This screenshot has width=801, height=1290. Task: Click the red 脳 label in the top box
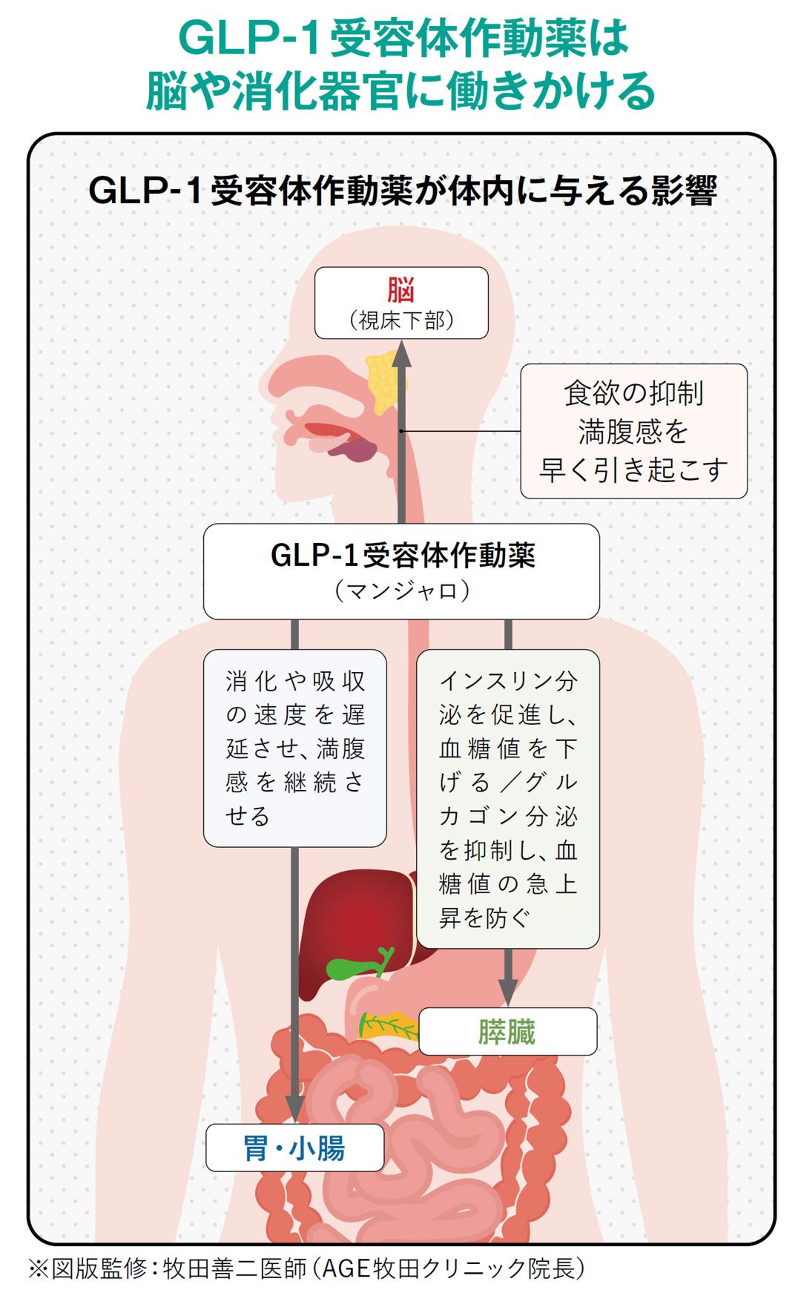point(400,290)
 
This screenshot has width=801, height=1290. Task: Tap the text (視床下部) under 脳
point(401,320)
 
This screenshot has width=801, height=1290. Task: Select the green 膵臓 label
point(507,1032)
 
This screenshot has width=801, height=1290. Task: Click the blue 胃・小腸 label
point(294,1148)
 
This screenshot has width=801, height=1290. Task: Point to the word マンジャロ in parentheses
point(401,591)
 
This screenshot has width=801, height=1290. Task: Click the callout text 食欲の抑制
point(633,393)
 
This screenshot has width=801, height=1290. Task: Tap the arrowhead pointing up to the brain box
point(401,354)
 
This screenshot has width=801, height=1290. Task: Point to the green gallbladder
point(349,967)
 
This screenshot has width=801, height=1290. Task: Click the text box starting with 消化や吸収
point(294,748)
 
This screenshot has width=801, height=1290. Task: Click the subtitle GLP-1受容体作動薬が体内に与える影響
point(401,191)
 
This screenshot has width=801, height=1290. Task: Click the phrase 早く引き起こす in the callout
point(633,470)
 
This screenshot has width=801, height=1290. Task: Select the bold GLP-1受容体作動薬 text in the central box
point(401,555)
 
